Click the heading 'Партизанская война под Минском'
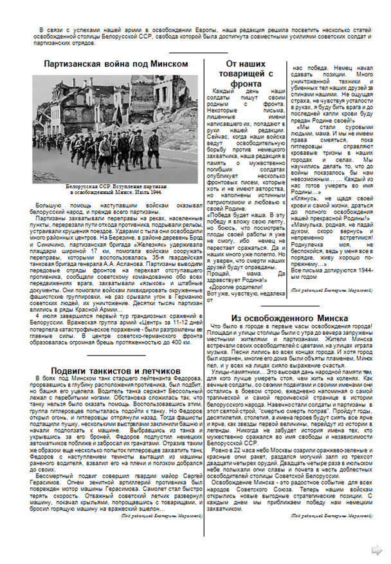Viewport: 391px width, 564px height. coord(116,64)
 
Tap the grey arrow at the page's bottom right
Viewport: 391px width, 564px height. coord(378,549)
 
